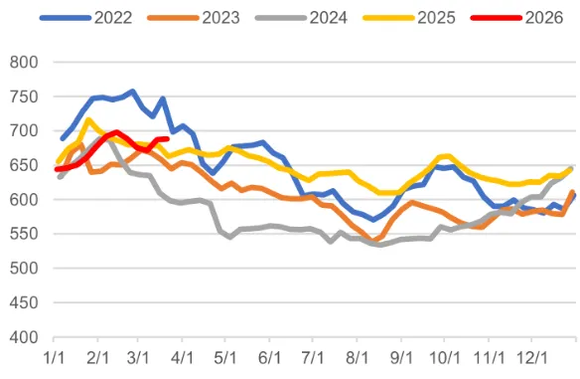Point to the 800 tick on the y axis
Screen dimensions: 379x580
[x=21, y=62]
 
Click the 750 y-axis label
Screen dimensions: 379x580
[x=21, y=96]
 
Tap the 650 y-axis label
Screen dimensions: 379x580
[x=21, y=165]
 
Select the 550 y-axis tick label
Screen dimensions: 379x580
[x=21, y=234]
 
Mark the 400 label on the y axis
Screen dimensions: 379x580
[x=21, y=337]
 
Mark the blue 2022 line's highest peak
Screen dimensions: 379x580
[x=132, y=92]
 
